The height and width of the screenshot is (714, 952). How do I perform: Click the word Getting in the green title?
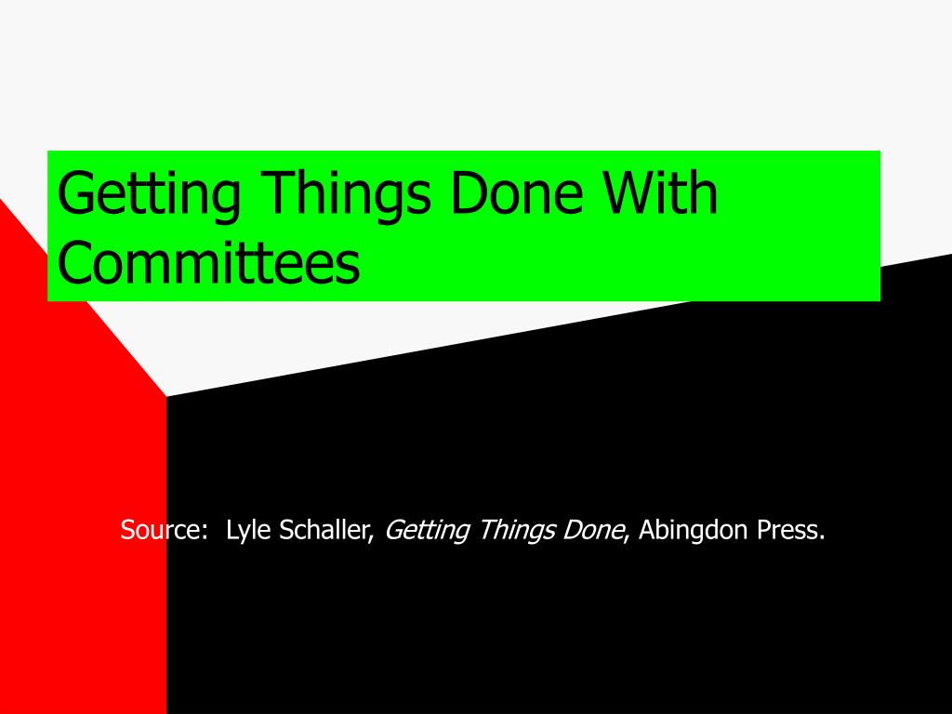pyautogui.click(x=149, y=195)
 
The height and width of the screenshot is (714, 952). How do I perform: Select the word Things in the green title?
pyautogui.click(x=348, y=195)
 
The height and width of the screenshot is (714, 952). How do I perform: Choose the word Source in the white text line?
pyautogui.click(x=160, y=530)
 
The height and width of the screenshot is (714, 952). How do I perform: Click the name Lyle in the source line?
pyautogui.click(x=248, y=531)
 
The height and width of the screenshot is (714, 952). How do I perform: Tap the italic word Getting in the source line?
pyautogui.click(x=428, y=531)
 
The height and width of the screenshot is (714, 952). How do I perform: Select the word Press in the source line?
pyautogui.click(x=787, y=530)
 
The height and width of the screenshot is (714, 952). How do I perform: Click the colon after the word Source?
pyautogui.click(x=204, y=534)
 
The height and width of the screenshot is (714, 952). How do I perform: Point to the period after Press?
pyautogui.click(x=822, y=538)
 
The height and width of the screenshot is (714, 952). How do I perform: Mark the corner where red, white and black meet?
pyautogui.click(x=166, y=396)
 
